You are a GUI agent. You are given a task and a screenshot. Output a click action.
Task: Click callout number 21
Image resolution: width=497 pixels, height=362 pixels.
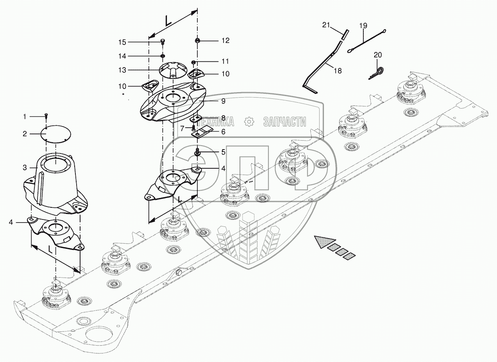click(x=326, y=25)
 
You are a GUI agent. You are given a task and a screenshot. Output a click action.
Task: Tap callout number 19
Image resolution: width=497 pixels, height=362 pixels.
click(x=363, y=26)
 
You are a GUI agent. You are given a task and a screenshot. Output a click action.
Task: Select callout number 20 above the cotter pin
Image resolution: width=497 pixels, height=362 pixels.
click(x=378, y=55)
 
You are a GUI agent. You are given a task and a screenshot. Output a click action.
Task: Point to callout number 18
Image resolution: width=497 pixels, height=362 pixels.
click(x=338, y=71)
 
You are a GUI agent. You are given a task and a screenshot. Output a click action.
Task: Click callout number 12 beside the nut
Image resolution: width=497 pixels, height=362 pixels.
click(x=225, y=41)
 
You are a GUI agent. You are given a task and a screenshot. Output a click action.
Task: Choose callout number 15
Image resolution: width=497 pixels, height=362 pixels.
click(x=122, y=42)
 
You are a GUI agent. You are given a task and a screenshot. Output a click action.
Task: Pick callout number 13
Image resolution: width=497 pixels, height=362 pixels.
click(x=122, y=70)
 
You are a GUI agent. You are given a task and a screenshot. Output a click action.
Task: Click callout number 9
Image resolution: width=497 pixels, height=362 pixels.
click(x=223, y=101)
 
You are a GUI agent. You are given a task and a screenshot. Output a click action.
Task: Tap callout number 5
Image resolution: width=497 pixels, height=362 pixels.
click(x=223, y=152)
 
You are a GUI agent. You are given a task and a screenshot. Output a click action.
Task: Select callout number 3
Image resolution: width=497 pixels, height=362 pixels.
click(x=25, y=168)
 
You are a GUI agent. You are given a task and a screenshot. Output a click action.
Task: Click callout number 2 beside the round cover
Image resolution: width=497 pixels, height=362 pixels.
click(x=25, y=134)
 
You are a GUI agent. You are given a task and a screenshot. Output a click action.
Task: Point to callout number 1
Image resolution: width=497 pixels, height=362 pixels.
click(x=25, y=116)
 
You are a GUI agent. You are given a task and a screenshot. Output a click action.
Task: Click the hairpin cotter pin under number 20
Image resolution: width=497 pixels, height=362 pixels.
click(x=377, y=73)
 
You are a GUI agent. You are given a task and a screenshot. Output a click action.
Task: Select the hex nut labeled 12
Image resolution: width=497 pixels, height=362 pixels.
click(x=197, y=41)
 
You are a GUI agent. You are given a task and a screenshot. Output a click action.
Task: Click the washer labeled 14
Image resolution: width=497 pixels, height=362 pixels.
click(x=163, y=56)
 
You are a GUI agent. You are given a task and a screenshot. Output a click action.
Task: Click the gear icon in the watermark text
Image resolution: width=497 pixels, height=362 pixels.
click(x=249, y=121)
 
